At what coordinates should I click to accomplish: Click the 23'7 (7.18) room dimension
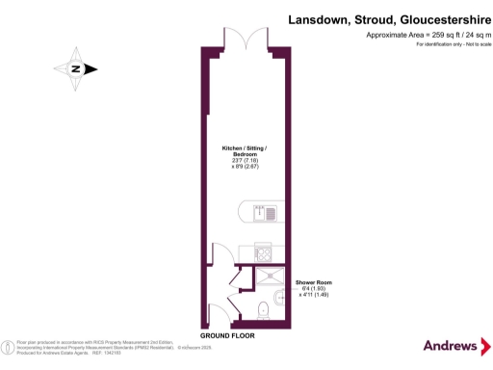[x=245, y=161]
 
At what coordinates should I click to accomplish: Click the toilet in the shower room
[x=265, y=308]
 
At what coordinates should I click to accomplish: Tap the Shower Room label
[x=313, y=282]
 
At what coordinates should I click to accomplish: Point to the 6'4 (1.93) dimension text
[x=313, y=289]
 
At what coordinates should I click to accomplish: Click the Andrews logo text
[x=449, y=346]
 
